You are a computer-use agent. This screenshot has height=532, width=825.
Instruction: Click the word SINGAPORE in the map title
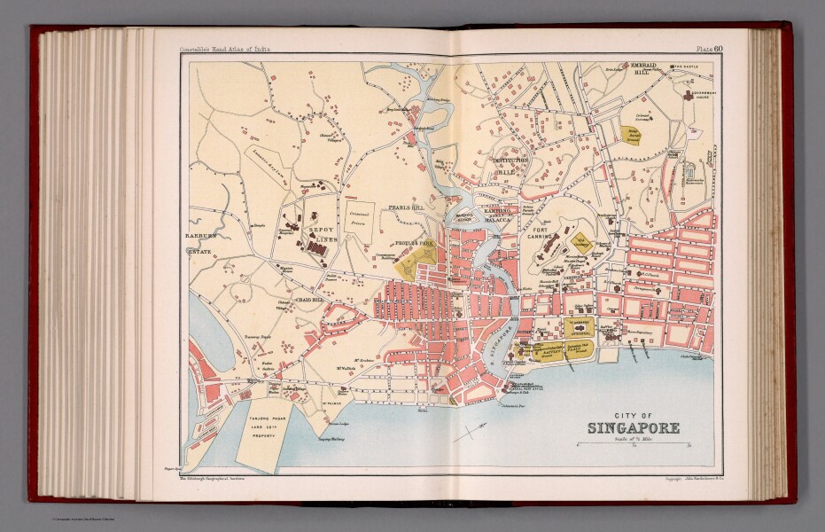pyautogui.click(x=634, y=429)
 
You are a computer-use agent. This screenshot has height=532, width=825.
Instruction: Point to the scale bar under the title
pyautogui.click(x=634, y=447)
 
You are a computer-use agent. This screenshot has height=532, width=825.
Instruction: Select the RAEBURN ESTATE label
pyautogui.click(x=201, y=245)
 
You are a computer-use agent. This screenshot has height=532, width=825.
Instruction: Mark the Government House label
pyautogui.click(x=703, y=95)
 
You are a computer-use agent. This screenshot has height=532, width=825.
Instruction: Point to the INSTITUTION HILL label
pyautogui.click(x=510, y=166)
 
